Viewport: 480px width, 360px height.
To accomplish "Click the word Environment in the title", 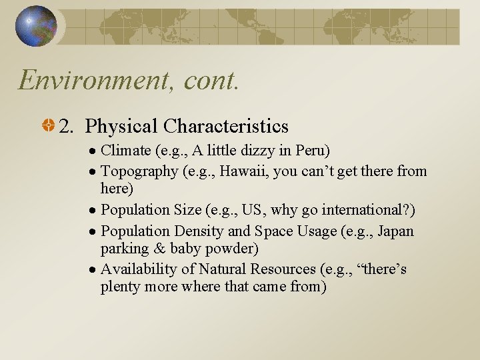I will pos(84,80).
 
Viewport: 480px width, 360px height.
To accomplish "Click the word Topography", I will pos(139,171).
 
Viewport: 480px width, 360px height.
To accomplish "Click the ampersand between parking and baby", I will pos(157,249).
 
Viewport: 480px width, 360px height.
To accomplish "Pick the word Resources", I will pos(284,269).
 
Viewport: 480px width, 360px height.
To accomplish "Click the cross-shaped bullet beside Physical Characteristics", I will pos(49,126).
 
